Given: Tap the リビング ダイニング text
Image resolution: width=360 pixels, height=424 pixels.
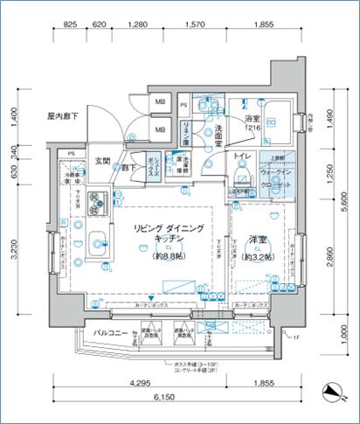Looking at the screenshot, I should [170, 228].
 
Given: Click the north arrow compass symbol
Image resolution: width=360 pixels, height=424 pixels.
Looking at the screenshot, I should [328, 391].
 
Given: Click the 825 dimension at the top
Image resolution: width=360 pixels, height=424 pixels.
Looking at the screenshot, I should [72, 25].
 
